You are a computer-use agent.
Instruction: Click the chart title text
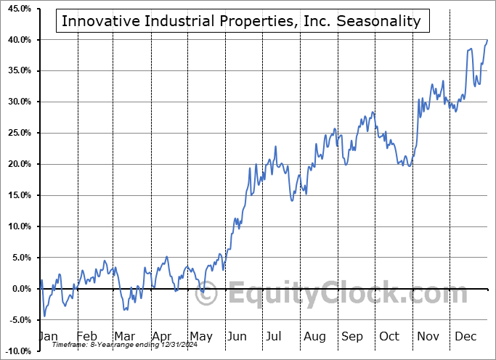pos(241,21)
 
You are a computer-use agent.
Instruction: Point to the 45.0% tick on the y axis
pos(17,9)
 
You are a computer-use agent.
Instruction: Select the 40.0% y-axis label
pos(17,40)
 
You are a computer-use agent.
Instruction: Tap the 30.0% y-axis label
pos(17,102)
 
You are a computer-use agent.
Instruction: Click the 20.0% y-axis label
pos(17,165)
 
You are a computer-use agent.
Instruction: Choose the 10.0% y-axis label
pos(17,227)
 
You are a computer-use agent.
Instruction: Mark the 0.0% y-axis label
pos(20,290)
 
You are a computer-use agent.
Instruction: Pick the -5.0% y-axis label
pos(18,321)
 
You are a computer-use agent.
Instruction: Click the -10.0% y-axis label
pos(17,351)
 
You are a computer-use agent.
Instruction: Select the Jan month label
pos(49,337)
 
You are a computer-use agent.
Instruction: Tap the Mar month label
pos(124,337)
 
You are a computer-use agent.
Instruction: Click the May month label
pos(201,337)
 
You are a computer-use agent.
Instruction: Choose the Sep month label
pos(352,337)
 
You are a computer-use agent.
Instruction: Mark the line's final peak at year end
pos(487,40)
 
